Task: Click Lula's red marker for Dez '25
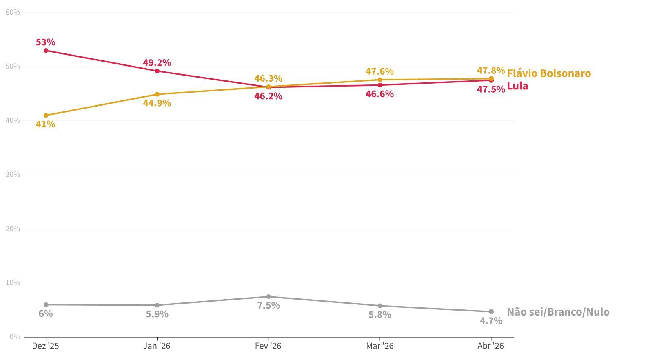(x=46, y=51)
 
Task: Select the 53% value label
(x=45, y=42)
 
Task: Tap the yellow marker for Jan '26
(x=157, y=94)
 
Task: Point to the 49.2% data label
(x=157, y=63)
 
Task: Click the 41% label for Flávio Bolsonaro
(x=45, y=124)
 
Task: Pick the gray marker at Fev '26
(x=269, y=297)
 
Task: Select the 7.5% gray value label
(x=269, y=306)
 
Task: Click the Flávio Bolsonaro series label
(x=549, y=73)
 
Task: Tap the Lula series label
(x=517, y=86)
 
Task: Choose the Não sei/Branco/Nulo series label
(x=558, y=312)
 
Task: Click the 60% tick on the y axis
(x=13, y=12)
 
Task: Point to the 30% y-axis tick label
(x=13, y=175)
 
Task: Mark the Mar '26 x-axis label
(x=380, y=346)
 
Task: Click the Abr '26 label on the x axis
(x=490, y=346)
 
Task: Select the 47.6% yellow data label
(x=379, y=71)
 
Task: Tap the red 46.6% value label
(x=379, y=94)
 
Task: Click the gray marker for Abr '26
(x=491, y=312)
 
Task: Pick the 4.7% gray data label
(x=491, y=321)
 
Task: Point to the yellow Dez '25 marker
(x=46, y=116)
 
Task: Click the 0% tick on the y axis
(x=14, y=337)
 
